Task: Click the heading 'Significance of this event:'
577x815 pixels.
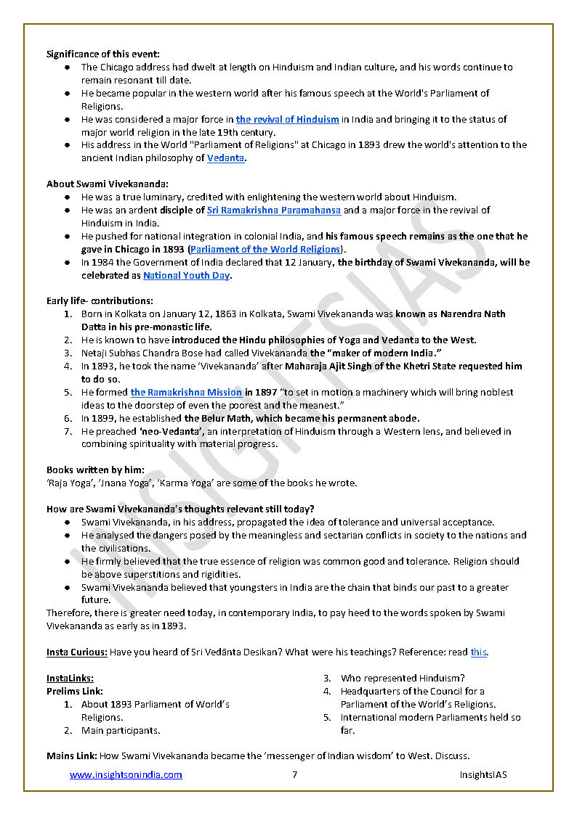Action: pos(103,54)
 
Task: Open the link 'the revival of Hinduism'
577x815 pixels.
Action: pos(287,119)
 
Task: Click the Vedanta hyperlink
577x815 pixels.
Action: pos(225,158)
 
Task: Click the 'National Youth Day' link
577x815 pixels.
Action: pos(186,276)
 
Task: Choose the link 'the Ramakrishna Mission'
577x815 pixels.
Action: pos(186,393)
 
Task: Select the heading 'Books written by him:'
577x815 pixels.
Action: pos(95,470)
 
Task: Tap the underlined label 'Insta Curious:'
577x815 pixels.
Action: pos(77,652)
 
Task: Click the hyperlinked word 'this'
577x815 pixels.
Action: pos(478,652)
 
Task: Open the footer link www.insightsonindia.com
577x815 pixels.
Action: pos(126,775)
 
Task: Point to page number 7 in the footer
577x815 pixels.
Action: pos(294,775)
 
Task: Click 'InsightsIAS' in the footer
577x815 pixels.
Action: pos(483,775)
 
